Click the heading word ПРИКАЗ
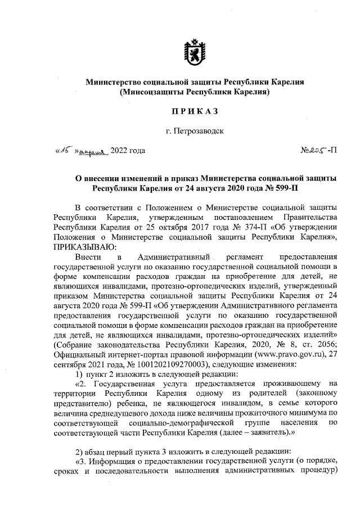[x=195, y=111]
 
